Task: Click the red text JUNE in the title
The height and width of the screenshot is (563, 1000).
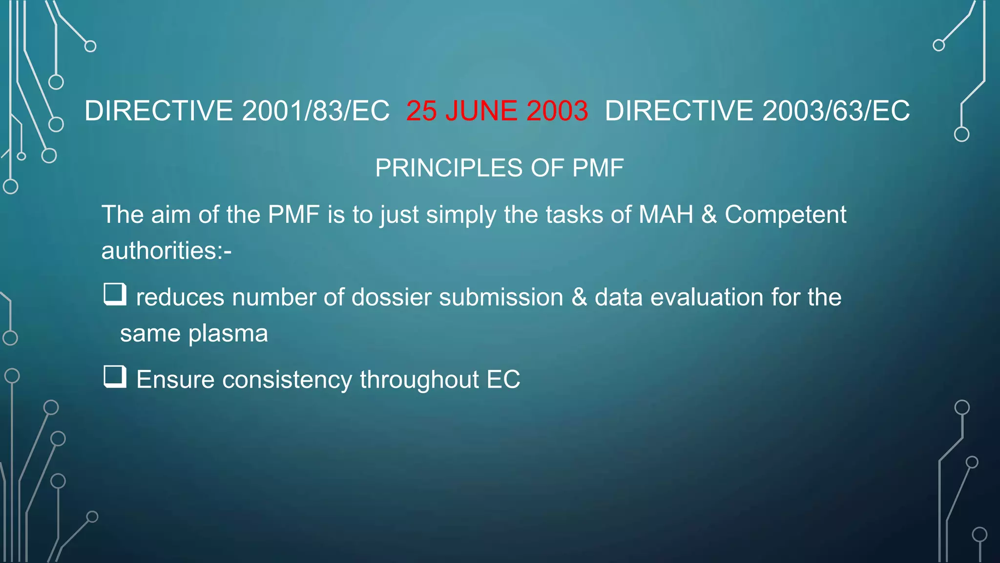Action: pyautogui.click(x=481, y=111)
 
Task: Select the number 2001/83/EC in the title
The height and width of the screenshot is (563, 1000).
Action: pyautogui.click(x=315, y=111)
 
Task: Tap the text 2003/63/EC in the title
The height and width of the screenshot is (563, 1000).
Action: pyautogui.click(x=836, y=111)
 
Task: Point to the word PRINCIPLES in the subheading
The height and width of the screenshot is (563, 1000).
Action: pyautogui.click(x=449, y=168)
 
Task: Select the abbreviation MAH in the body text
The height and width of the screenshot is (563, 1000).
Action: pyautogui.click(x=666, y=215)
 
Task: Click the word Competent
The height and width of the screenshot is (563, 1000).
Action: pyautogui.click(x=785, y=215)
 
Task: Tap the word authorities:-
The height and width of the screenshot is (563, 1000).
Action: pyautogui.click(x=167, y=251)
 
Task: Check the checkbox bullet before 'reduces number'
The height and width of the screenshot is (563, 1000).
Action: pyautogui.click(x=115, y=294)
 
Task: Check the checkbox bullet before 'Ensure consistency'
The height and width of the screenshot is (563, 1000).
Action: pyautogui.click(x=115, y=377)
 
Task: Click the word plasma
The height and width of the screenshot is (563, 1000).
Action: pyautogui.click(x=228, y=334)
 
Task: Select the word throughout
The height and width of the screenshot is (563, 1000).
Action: pyautogui.click(x=419, y=380)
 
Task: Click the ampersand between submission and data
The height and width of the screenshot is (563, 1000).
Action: pyautogui.click(x=579, y=297)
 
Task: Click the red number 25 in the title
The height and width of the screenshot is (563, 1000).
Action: pyautogui.click(x=421, y=111)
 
